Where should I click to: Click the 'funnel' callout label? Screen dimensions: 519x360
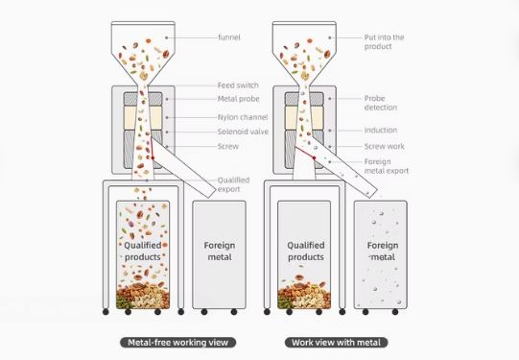click(229, 37)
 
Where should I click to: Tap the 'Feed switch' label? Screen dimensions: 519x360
click(238, 85)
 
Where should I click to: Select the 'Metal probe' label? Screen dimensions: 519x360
click(238, 99)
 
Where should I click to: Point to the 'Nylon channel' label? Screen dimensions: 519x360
click(243, 117)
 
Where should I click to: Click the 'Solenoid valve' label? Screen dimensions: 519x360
click(243, 132)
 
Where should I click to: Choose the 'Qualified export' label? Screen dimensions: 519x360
click(233, 184)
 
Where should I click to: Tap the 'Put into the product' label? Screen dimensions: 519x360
click(385, 41)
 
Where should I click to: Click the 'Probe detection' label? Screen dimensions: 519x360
click(381, 103)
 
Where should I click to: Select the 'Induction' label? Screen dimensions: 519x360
click(381, 131)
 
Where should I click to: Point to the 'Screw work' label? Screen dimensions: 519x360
click(385, 146)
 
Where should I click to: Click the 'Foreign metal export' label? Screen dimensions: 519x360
click(387, 166)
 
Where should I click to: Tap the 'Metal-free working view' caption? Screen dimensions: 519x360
click(178, 343)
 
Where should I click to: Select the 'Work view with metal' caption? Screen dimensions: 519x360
click(337, 343)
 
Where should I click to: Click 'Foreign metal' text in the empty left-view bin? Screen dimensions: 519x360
click(220, 251)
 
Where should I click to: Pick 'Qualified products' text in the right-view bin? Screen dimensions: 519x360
click(306, 251)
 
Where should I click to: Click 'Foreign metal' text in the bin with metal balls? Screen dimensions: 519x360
click(383, 251)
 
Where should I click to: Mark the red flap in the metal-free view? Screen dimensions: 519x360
click(152, 148)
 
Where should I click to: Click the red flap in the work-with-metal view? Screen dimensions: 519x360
click(305, 153)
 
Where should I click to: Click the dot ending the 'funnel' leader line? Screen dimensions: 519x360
click(167, 37)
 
